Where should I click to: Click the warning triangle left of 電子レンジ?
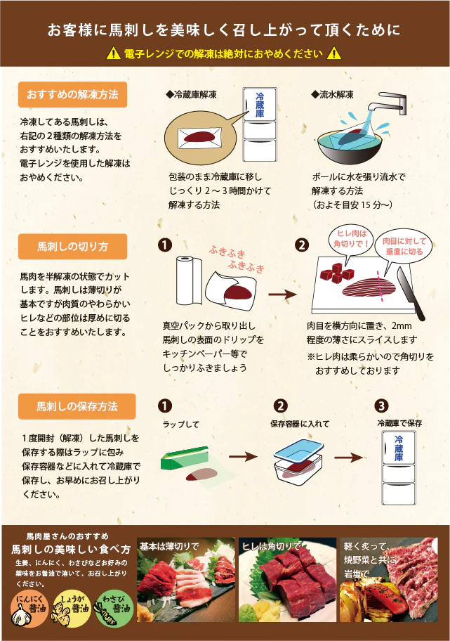(113, 53)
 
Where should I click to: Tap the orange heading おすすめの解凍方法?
(72, 94)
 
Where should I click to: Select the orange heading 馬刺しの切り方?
(72, 247)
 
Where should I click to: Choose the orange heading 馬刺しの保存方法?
(72, 406)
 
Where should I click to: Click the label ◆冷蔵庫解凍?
(191, 93)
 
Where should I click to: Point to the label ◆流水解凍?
(332, 93)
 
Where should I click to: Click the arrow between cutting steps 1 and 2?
(282, 295)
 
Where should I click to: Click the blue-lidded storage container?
(298, 460)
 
